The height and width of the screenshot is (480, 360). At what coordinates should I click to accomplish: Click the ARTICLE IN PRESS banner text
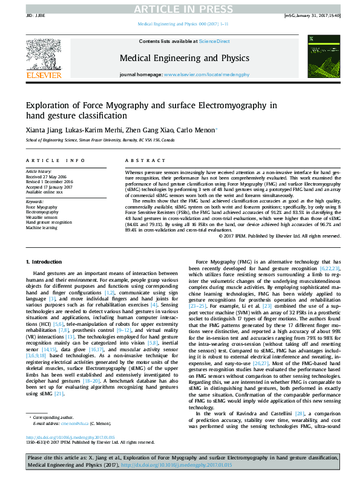pos(180,8)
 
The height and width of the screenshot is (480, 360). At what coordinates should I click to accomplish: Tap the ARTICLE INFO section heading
pos(55,160)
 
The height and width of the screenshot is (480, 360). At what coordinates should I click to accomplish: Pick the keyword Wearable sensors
pos(42,217)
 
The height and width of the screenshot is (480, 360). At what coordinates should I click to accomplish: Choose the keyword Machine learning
pos(41,227)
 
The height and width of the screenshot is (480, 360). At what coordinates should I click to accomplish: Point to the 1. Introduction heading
pos(46,261)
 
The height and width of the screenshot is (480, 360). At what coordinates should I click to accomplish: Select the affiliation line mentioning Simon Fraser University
pos(100,140)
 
